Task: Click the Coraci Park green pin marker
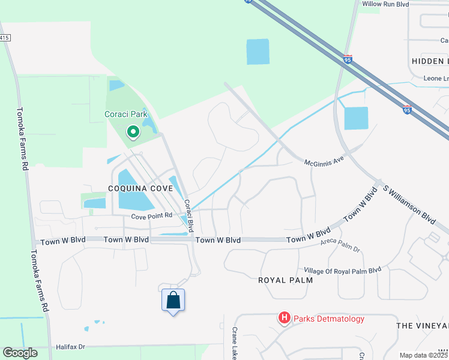pos(132,131)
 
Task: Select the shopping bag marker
pos(173,300)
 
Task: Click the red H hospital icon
pos(285,318)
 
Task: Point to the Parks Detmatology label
pos(328,319)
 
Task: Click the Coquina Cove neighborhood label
pos(140,188)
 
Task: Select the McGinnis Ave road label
pos(326,162)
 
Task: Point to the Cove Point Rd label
pos(152,215)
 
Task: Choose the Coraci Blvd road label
pos(188,216)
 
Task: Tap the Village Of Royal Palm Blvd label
pos(343,270)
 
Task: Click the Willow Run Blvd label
pos(385,4)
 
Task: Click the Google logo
pos(20,353)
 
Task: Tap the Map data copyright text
pos(423,355)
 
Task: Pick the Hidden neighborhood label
pos(430,61)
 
